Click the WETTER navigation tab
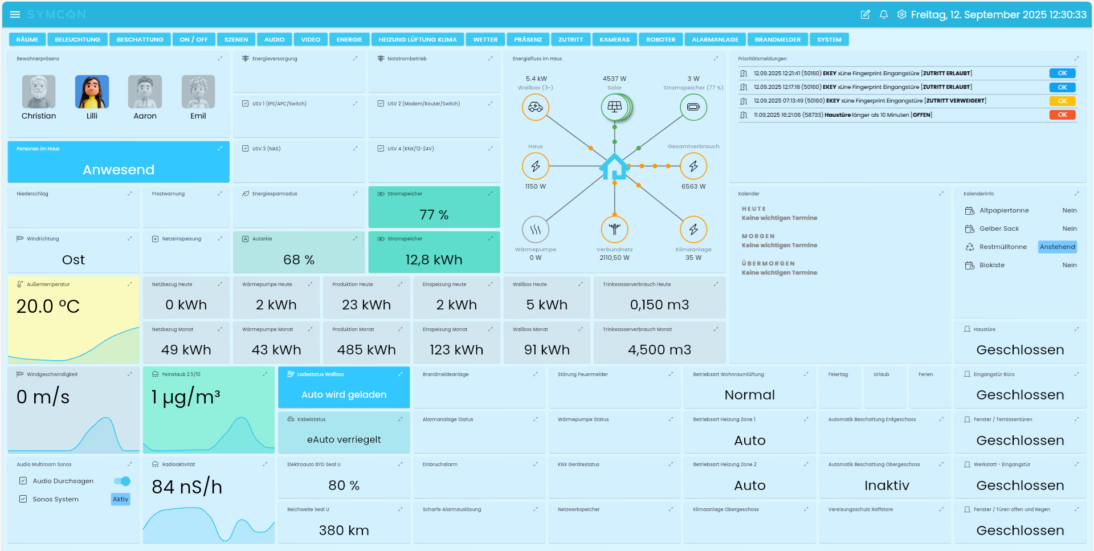485,39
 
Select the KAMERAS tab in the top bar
614,39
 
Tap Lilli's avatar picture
92,92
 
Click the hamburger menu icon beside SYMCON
15,14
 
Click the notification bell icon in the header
883,14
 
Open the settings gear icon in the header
901,14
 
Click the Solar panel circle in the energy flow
614,107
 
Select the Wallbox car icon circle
535,107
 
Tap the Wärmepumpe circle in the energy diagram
535,230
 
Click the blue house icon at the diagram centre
614,166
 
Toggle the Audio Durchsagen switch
123,481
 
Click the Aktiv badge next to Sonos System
120,499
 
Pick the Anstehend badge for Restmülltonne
1057,247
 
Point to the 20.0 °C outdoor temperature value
48,307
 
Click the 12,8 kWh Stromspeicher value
434,260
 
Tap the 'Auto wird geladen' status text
344,394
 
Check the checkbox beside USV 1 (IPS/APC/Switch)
245,104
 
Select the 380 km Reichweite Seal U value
344,530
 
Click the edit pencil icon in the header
865,14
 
